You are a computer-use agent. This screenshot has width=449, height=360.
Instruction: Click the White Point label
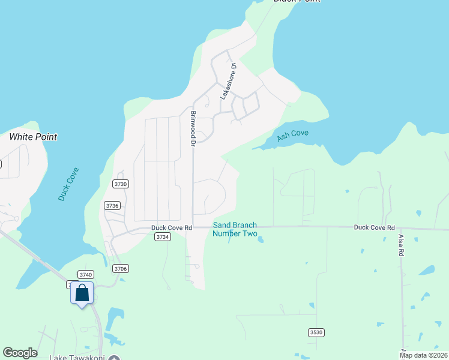33,137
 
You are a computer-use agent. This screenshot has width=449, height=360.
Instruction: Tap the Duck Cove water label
68,184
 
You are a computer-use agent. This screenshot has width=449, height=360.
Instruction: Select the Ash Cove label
292,136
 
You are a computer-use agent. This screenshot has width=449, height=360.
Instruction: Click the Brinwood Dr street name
193,128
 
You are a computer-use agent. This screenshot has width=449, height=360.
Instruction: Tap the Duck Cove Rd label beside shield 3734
171,227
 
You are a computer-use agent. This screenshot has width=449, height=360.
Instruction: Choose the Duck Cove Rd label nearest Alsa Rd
374,227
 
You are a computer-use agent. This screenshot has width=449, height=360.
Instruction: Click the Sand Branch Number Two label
235,229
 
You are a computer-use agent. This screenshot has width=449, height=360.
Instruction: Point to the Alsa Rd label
402,245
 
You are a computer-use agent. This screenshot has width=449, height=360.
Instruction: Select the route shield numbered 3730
121,184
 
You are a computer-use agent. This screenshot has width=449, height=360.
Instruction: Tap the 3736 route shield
112,205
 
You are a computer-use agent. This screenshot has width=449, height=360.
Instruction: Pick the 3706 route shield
121,268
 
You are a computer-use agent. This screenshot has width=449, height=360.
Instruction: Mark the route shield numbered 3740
86,274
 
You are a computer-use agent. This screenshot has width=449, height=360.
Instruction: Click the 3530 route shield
316,332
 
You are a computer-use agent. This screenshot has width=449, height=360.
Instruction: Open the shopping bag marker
82,293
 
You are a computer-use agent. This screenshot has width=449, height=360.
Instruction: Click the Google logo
20,353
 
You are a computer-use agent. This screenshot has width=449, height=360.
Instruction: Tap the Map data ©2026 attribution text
423,355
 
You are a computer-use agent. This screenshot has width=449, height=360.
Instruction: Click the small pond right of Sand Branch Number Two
261,240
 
